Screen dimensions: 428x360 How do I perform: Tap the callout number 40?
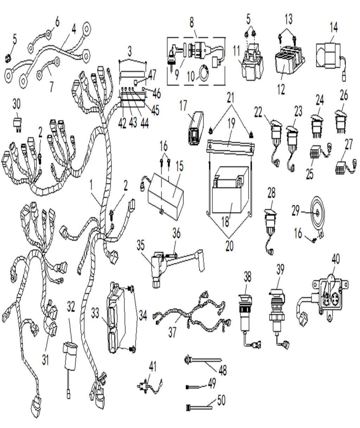pos(335,259)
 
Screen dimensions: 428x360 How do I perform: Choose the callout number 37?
pos(172,332)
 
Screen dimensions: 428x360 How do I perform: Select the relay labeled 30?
pos(17,123)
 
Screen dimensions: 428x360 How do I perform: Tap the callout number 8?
pos(192,23)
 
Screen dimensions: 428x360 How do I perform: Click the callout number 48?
pos(223,370)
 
